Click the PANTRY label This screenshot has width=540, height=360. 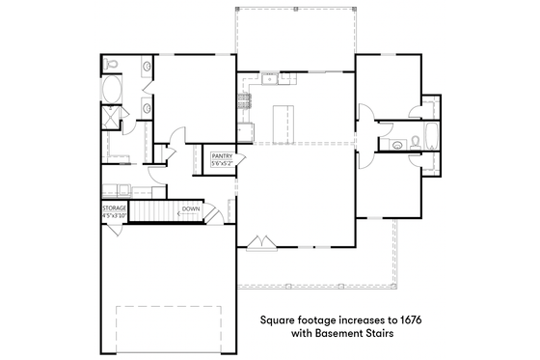pos(224,155)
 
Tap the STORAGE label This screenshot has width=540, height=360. pos(115,208)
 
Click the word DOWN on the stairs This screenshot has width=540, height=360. pos(190,209)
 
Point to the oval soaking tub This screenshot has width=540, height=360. pos(114,92)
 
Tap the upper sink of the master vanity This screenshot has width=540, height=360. pos(147,68)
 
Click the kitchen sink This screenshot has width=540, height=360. pos(245,124)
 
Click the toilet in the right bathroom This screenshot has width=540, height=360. pos(415,143)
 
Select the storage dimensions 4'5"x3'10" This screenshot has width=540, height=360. pos(115,216)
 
